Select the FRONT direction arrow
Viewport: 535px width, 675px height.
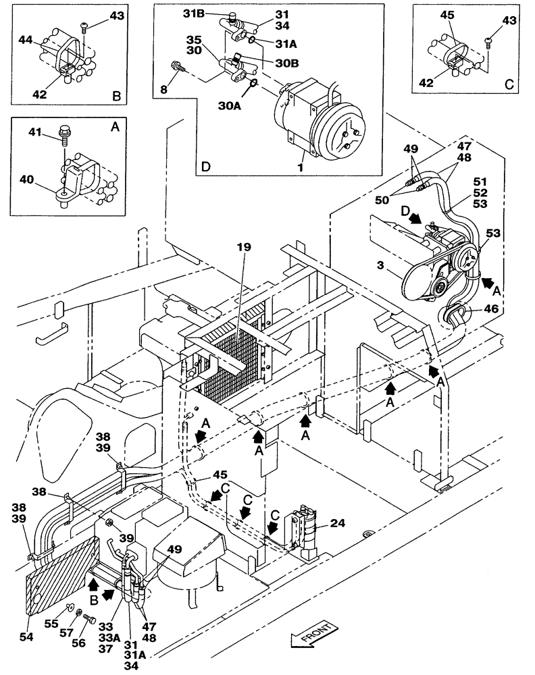click(311, 636)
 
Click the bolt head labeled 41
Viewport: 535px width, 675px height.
click(66, 130)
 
